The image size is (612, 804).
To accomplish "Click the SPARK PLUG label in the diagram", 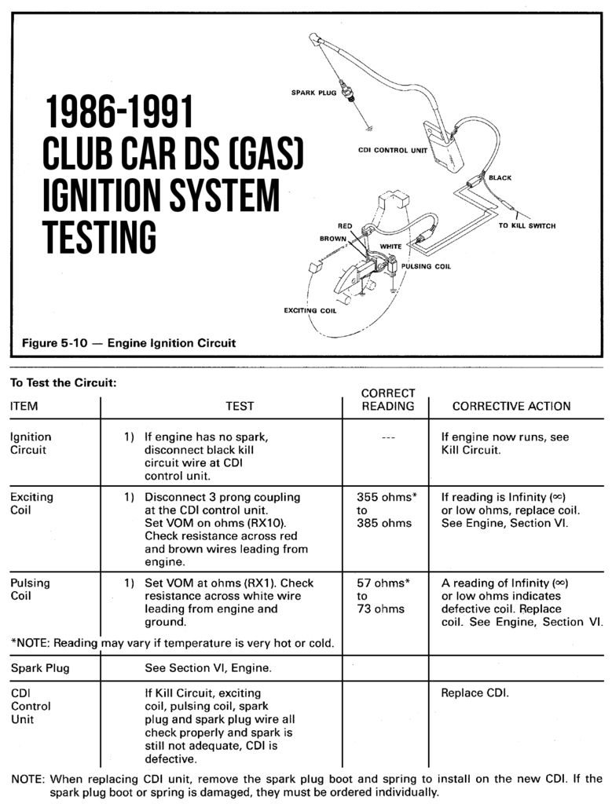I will click(x=313, y=93).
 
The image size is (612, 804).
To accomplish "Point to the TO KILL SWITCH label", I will click(x=527, y=226).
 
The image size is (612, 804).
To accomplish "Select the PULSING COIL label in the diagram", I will click(x=426, y=267).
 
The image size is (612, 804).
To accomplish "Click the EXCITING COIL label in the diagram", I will click(x=310, y=311).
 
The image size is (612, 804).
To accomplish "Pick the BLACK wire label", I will click(x=500, y=178).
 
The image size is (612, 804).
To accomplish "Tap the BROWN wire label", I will click(x=333, y=237).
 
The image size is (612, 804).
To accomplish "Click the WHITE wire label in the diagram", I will click(x=390, y=247).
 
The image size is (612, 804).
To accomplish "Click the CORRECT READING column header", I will click(x=387, y=399).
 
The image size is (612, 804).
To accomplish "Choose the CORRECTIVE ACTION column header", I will click(x=511, y=406).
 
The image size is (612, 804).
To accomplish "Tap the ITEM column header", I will click(x=24, y=406).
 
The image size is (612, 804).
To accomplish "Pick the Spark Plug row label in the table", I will click(x=40, y=668).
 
